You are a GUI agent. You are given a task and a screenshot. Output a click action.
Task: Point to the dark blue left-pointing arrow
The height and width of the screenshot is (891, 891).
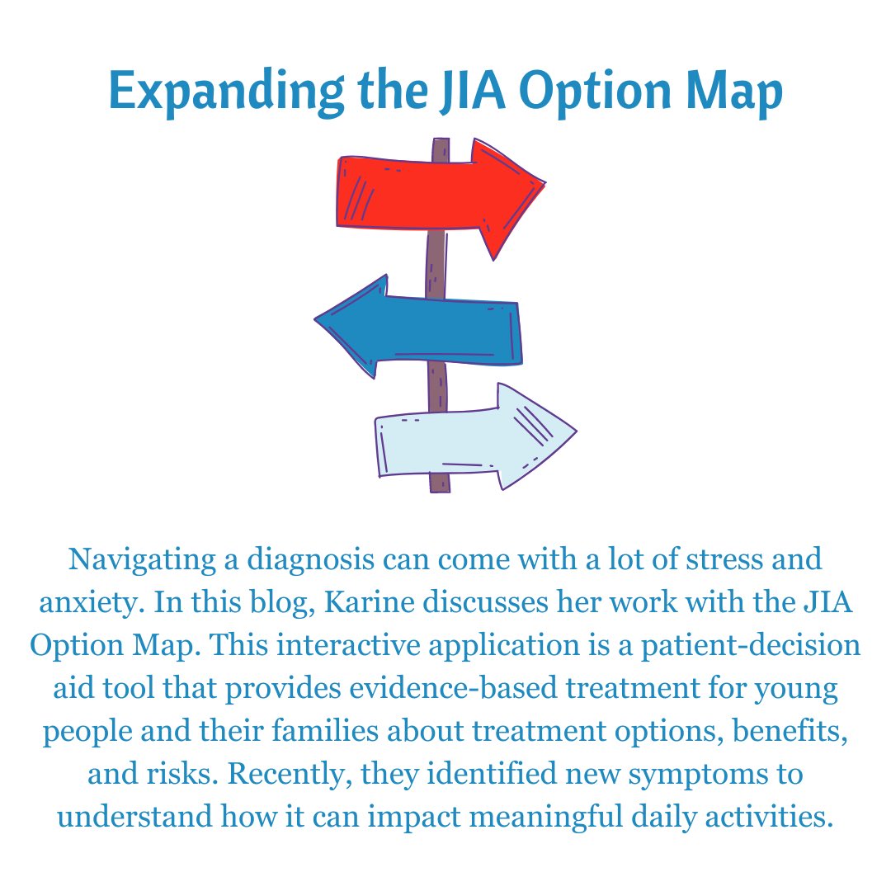coord(429,329)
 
